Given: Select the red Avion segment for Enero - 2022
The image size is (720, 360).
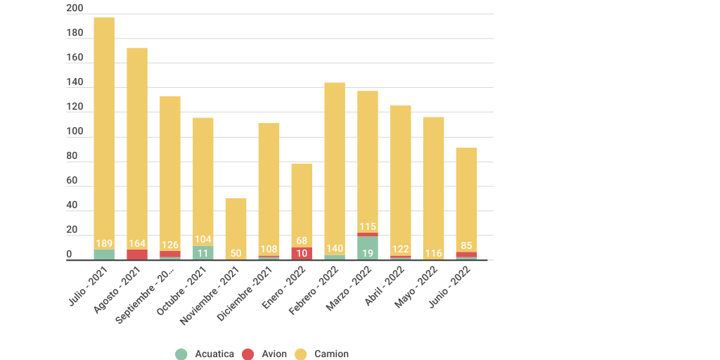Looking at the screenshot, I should point(302,253).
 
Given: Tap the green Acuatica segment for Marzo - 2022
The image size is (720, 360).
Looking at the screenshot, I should point(368,248).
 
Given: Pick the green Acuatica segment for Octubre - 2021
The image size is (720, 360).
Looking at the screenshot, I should point(203,253).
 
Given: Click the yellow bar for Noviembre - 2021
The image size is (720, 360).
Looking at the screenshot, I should point(236,225).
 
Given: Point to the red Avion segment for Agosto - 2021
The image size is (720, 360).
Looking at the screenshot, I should point(137,255).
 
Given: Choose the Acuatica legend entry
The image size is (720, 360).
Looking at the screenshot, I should point(205,354).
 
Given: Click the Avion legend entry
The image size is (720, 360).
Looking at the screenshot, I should point(264,354).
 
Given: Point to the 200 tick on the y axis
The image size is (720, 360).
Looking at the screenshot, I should point(75,8).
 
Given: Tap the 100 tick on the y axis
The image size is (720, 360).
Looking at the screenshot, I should point(75,131).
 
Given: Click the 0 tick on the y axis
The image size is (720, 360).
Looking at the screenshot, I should point(69,255).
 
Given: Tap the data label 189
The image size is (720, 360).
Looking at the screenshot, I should point(104,243).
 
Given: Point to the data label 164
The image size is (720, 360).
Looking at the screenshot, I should point(137,243).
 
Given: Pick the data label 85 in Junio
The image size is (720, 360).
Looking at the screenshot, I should point(466,246).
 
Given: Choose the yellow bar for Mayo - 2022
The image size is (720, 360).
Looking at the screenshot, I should point(433,176).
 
